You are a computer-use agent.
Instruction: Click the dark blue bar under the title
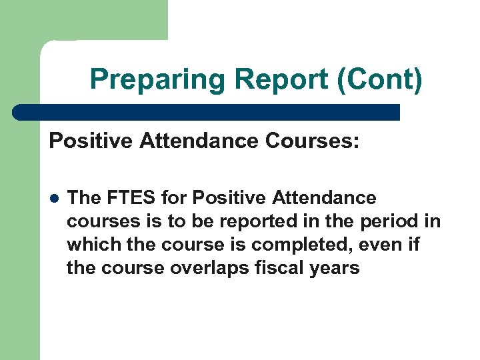pos(207,112)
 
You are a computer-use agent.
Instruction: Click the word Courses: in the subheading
pos(316,141)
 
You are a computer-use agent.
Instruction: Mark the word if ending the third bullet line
pos(413,245)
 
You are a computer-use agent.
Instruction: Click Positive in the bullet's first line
pos(228,198)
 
